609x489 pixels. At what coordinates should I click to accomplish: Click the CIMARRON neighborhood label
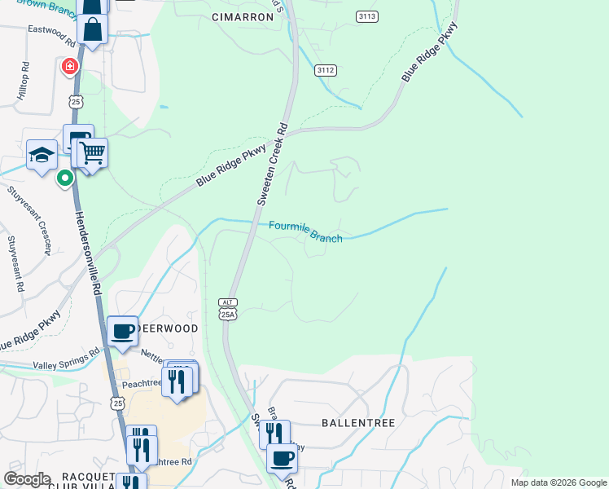(x=242, y=16)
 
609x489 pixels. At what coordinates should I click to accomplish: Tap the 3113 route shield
(x=367, y=16)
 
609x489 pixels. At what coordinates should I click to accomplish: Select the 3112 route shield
(x=326, y=71)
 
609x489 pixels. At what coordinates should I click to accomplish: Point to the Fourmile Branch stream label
(x=305, y=231)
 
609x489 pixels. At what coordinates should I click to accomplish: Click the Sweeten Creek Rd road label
(x=273, y=164)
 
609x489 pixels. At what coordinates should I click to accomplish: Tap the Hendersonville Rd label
(x=90, y=253)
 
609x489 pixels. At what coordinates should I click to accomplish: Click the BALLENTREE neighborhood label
(x=358, y=424)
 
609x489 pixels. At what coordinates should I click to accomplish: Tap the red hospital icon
(x=70, y=66)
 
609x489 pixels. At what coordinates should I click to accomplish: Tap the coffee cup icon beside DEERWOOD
(x=122, y=330)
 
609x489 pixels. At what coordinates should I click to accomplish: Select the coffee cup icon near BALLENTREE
(x=282, y=458)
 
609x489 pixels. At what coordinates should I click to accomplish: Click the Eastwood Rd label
(x=50, y=32)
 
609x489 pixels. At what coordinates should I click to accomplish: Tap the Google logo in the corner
(x=27, y=479)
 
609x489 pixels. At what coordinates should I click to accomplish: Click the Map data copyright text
(x=558, y=482)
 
